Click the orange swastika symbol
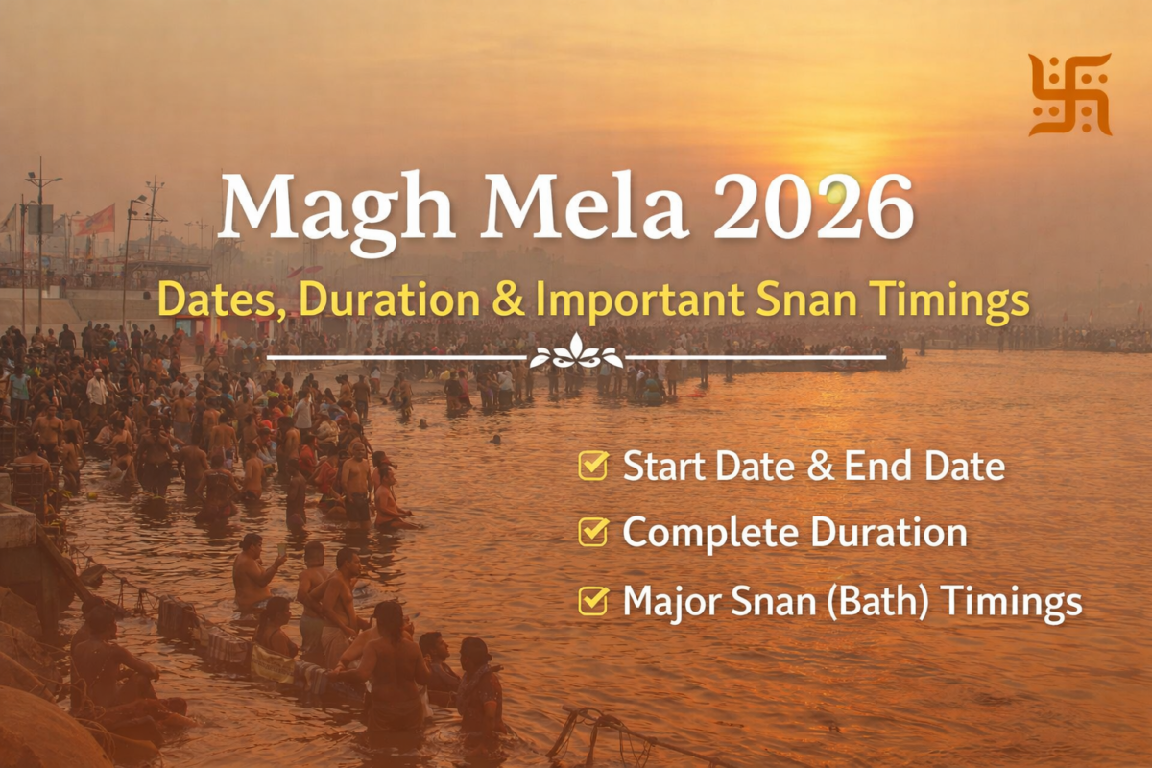click(x=1069, y=95)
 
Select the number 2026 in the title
click(x=813, y=206)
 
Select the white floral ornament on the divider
click(x=576, y=352)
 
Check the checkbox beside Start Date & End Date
click(x=593, y=466)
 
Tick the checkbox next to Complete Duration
click(x=593, y=532)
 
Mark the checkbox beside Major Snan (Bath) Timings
click(x=593, y=600)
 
